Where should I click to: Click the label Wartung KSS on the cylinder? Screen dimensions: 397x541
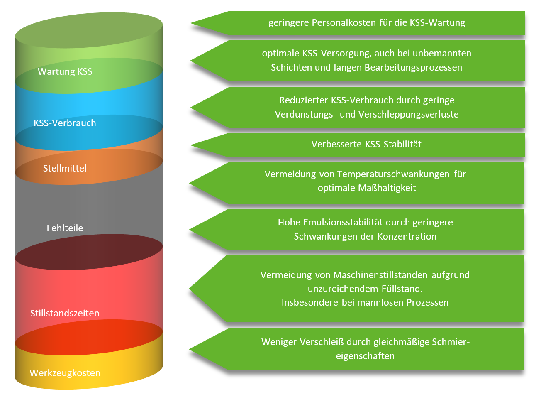coord(65,71)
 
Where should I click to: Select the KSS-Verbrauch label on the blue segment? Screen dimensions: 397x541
coord(65,123)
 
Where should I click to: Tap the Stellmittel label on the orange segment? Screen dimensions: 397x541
coord(65,168)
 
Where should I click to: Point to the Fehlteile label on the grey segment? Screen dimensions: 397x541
coord(65,228)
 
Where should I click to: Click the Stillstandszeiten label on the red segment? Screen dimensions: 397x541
coord(65,313)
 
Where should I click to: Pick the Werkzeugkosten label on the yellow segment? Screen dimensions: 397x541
coord(65,373)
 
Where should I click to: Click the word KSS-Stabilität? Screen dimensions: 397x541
coord(393,144)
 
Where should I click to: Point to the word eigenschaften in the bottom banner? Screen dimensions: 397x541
coord(365,356)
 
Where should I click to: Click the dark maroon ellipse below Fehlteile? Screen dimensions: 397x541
coord(89,252)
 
